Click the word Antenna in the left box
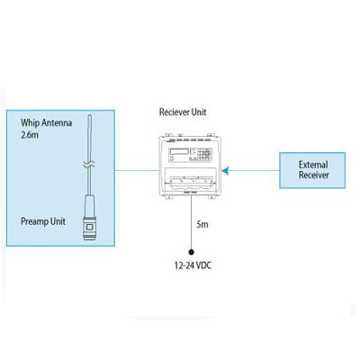point(60,121)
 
